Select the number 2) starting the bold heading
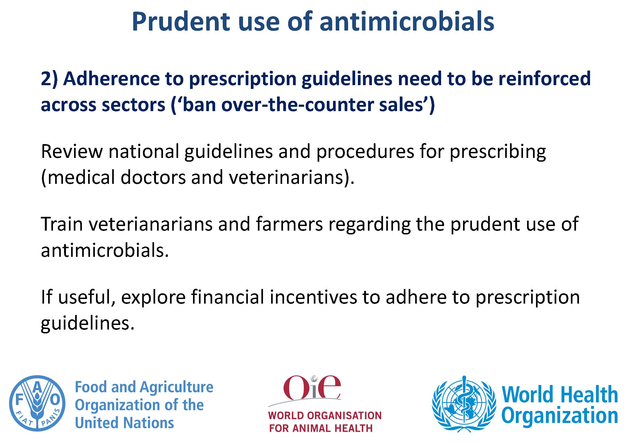pos(49,79)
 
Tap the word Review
pos(72,151)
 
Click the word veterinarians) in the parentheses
pos(292,178)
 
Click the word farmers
pos(289,224)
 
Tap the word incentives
pos(314,297)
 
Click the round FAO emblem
pos(37,403)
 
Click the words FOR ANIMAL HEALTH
pos(321,428)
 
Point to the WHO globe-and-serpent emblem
pos(464,404)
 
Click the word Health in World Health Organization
pos(588,394)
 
